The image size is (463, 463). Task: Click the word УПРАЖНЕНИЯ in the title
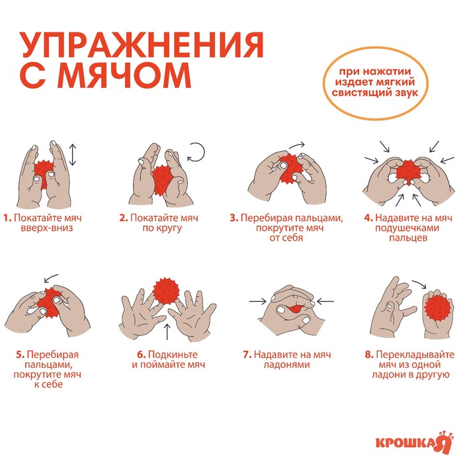[x=142, y=45]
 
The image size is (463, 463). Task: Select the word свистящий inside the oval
[x=361, y=93]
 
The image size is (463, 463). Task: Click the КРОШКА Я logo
[x=414, y=442]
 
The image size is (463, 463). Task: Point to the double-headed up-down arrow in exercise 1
[x=73, y=155]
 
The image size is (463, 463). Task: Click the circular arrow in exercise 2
[x=196, y=152]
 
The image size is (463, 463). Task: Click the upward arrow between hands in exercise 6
[x=167, y=331]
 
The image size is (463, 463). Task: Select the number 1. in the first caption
[x=7, y=218]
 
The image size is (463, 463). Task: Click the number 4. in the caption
[x=368, y=218]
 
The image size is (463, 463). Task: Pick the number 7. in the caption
[x=247, y=355]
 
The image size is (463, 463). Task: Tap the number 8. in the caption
[x=369, y=355]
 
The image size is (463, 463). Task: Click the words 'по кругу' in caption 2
[x=162, y=228]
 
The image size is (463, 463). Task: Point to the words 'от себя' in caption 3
[x=286, y=238]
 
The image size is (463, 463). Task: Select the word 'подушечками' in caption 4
[x=407, y=228]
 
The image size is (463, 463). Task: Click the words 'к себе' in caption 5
[x=48, y=384]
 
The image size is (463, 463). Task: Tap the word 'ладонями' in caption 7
[x=286, y=364]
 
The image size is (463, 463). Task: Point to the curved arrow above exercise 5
[x=51, y=278]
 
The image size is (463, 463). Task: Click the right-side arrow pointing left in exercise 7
[x=325, y=302]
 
